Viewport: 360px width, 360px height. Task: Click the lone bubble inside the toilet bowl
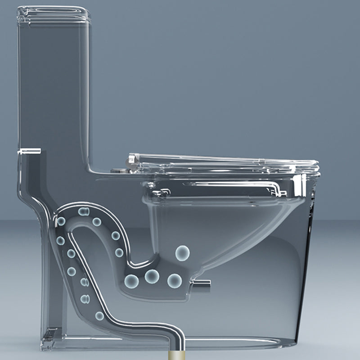coord(182,253)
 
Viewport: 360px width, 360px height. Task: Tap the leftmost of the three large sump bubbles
coord(131,281)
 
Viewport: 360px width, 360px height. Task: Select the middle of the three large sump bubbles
coord(152,276)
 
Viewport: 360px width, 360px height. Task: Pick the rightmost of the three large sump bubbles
coord(175,281)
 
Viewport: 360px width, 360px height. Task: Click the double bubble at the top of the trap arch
coord(83,211)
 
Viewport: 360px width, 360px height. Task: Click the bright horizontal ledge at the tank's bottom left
coord(29,151)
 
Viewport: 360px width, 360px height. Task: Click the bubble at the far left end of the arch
coord(61,221)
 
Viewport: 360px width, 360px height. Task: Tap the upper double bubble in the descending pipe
coord(84,282)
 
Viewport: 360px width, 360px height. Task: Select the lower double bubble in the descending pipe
coord(85,298)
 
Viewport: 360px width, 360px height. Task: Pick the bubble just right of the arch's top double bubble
coord(97,221)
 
